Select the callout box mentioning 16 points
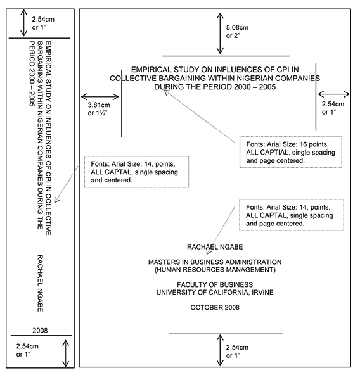click(290, 152)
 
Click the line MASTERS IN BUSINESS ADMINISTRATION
click(215, 262)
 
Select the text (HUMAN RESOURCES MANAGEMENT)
click(215, 270)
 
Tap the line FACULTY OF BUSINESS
click(215, 284)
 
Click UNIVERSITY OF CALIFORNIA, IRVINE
click(215, 292)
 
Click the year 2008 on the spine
click(39, 330)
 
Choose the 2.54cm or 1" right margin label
click(333, 107)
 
